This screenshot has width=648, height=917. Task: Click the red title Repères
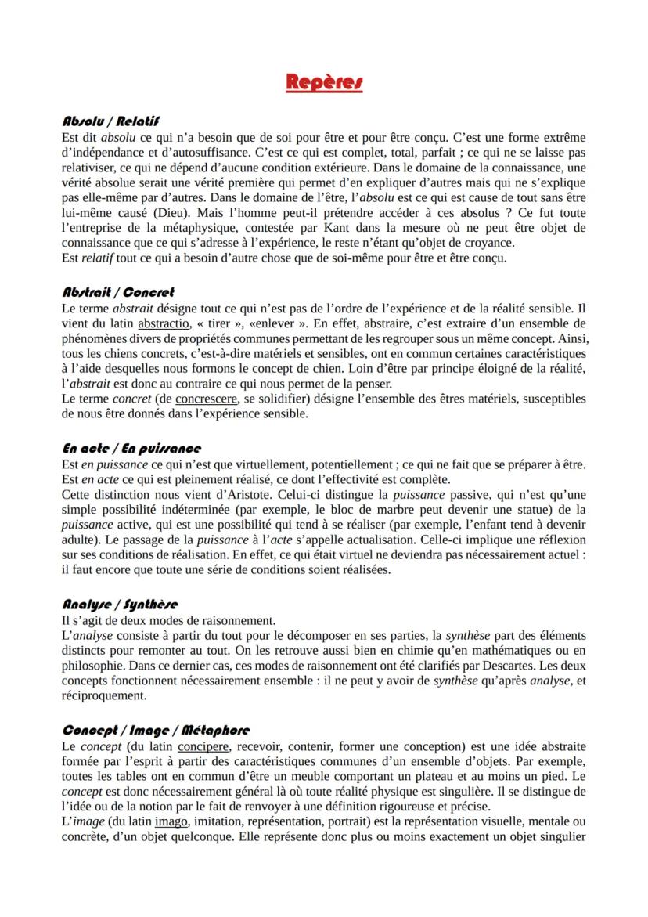point(324,81)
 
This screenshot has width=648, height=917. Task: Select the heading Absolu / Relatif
point(110,121)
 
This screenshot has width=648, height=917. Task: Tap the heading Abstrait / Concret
point(117,292)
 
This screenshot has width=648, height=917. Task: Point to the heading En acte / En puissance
point(131,448)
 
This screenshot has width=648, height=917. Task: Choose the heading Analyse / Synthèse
point(120,604)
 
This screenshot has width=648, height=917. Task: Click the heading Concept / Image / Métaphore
point(156,730)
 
